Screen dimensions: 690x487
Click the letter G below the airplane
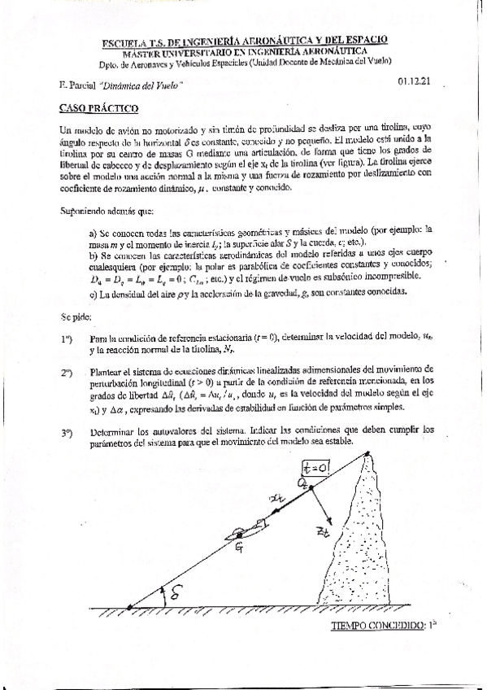239,551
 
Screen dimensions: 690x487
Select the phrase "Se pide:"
77,316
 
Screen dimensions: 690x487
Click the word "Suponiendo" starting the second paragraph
85,210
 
